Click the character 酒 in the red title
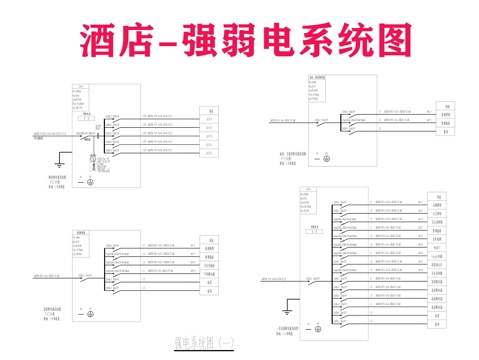[101, 40]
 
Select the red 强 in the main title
[215, 40]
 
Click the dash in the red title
[180, 42]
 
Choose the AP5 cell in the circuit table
[210, 152]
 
